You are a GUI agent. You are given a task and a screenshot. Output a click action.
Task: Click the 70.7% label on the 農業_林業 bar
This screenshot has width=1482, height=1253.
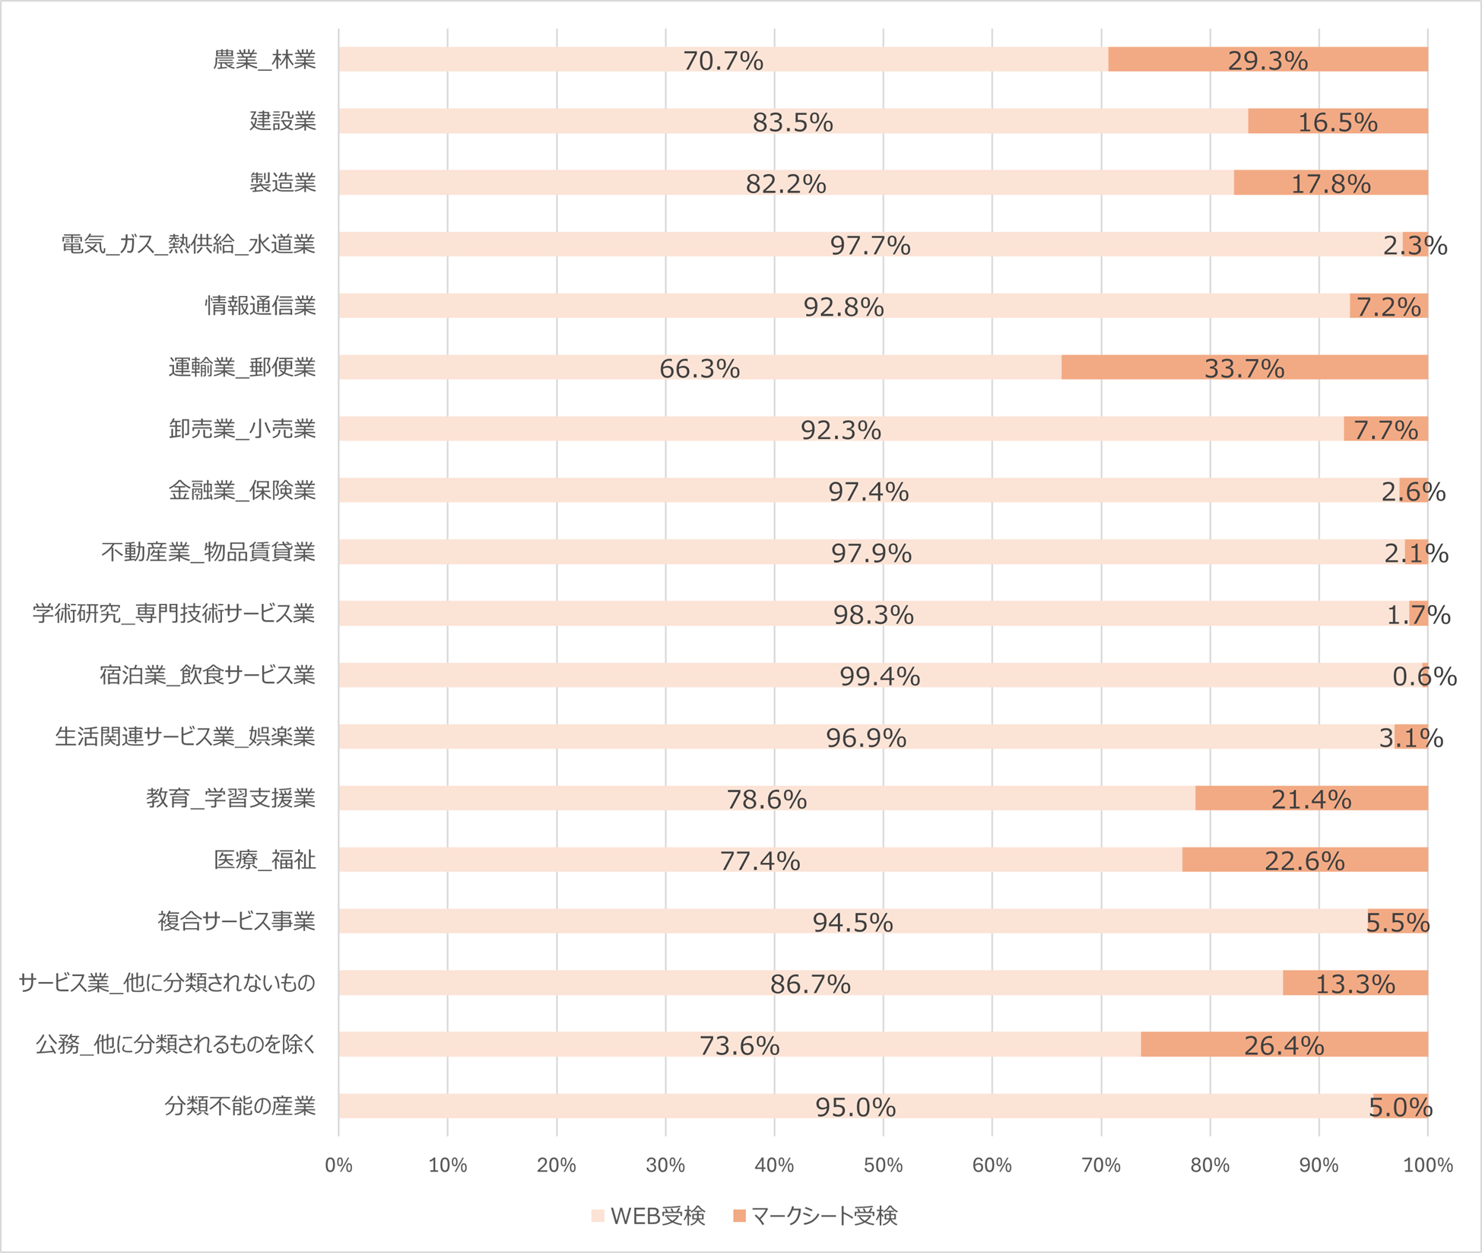722,61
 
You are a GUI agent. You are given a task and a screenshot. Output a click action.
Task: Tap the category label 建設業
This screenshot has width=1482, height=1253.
282,121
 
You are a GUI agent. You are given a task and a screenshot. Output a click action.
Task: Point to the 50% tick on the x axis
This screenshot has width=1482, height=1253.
883,1166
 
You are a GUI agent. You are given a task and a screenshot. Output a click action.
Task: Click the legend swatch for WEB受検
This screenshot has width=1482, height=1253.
598,1216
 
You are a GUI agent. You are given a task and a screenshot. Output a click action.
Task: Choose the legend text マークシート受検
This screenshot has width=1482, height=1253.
824,1216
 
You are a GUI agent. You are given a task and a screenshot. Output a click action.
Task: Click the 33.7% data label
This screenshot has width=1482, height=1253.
1244,369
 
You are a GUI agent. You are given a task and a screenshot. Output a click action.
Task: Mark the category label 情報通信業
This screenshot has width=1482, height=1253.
260,306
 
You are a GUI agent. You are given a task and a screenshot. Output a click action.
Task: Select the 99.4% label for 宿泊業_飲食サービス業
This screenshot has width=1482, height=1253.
879,676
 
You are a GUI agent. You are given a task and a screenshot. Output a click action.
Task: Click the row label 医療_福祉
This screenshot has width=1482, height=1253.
264,860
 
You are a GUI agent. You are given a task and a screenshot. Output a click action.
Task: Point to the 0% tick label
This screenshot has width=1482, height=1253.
338,1166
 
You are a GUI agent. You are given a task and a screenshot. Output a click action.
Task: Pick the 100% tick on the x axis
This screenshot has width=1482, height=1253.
1427,1166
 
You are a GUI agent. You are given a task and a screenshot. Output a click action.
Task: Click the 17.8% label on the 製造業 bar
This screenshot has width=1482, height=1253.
1331,184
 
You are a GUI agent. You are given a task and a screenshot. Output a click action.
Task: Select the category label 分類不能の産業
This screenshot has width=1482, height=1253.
240,1106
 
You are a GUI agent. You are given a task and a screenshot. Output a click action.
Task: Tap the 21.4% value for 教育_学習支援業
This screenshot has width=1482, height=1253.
1311,800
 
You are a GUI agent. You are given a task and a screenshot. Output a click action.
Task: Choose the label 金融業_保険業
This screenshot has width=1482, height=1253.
242,491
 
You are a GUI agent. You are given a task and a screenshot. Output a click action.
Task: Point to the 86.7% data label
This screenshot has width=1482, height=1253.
810,984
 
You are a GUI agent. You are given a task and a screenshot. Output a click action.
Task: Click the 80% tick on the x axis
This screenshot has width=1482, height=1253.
1210,1166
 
